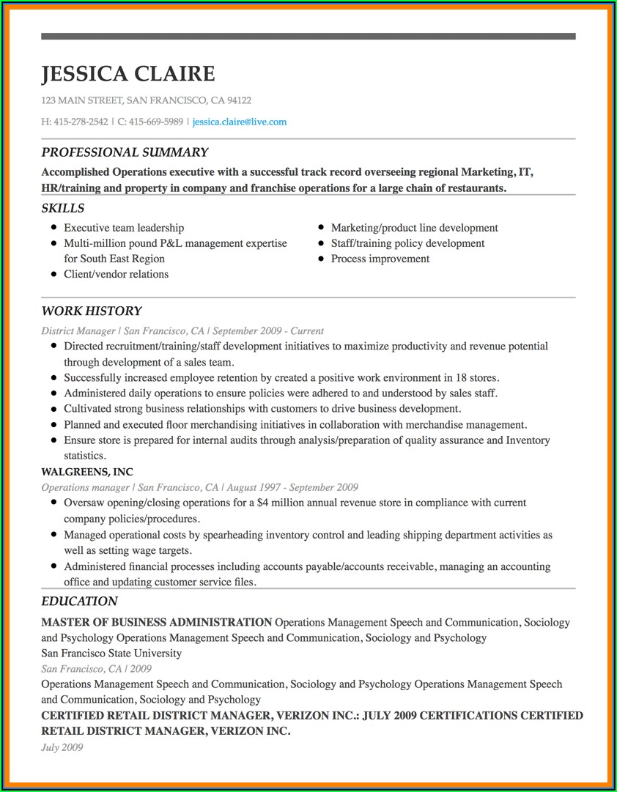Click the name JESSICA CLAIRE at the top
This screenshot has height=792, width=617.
(x=128, y=74)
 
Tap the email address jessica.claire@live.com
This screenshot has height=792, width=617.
(x=240, y=122)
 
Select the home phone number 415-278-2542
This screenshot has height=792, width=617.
(x=81, y=122)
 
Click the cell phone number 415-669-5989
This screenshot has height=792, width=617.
(x=156, y=122)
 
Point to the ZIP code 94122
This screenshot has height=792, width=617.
(x=239, y=100)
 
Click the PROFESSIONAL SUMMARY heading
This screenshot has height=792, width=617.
(x=125, y=152)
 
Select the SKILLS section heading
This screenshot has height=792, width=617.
(x=62, y=209)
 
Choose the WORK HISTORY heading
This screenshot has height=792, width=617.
(x=92, y=311)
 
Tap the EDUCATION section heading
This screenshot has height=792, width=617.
(x=79, y=602)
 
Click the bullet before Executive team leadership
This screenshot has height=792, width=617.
(x=54, y=228)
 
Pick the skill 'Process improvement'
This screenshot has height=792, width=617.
(x=380, y=259)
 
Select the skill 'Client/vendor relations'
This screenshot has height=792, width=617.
(x=116, y=274)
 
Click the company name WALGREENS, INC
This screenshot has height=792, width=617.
(x=87, y=472)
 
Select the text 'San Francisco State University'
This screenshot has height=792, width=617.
(x=111, y=654)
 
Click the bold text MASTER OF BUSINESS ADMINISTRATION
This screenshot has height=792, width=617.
(x=157, y=623)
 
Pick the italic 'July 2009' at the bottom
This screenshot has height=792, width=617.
(x=62, y=747)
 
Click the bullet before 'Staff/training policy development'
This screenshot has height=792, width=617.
(x=321, y=243)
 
